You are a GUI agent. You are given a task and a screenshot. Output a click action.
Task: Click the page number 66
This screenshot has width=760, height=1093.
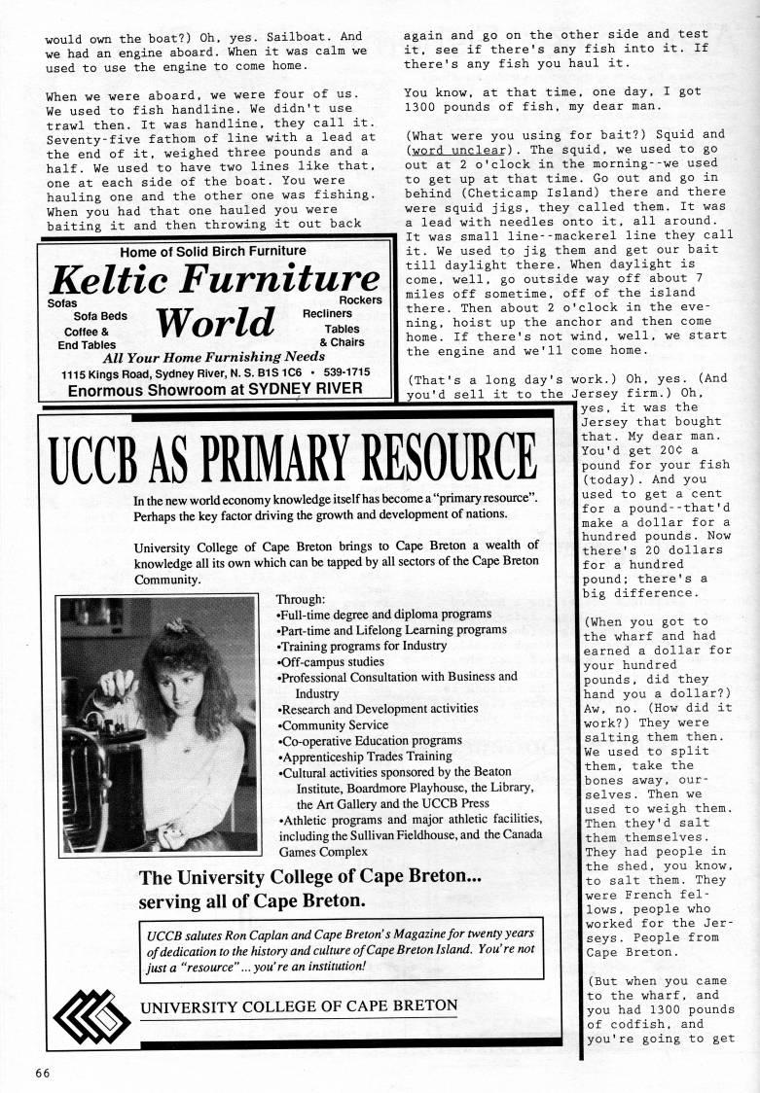[x=37, y=1074]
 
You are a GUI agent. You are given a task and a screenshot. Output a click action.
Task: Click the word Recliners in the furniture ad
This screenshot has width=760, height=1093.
[x=327, y=314]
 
